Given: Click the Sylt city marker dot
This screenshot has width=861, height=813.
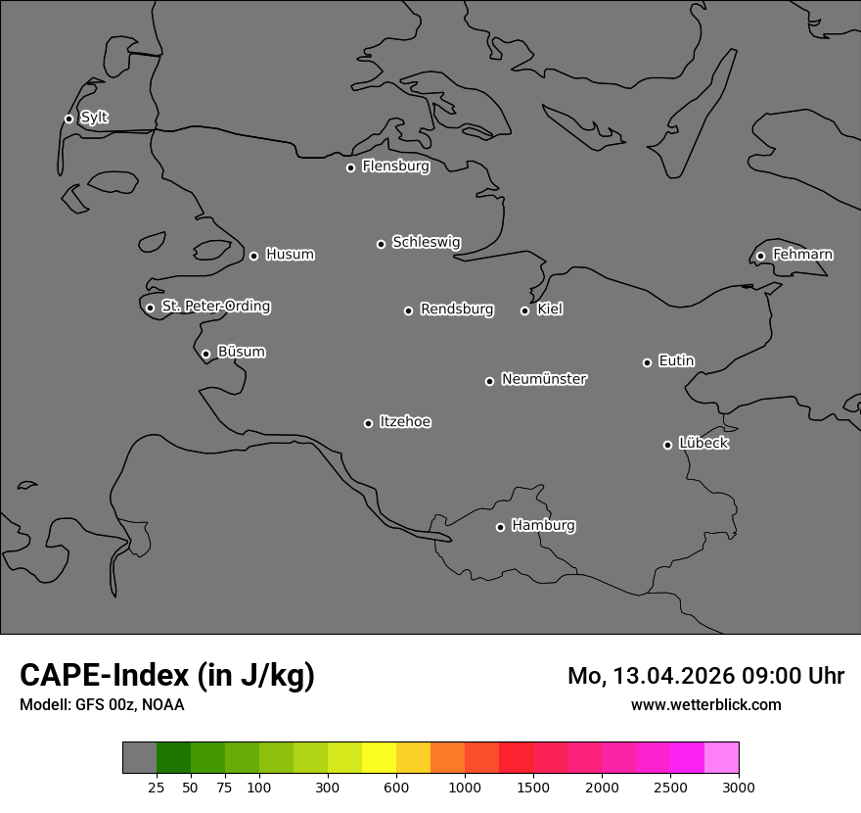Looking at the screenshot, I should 68,119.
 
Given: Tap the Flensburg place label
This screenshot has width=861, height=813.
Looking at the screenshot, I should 395,167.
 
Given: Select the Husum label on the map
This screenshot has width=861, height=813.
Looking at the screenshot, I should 290,255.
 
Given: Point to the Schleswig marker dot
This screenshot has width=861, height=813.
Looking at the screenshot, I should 381,244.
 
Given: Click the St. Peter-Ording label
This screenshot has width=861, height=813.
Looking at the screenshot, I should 215,307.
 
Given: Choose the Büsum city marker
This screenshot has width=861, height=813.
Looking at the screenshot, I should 205,354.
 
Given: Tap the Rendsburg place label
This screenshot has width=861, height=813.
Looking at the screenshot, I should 457,310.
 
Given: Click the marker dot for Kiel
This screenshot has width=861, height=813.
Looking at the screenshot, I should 524,311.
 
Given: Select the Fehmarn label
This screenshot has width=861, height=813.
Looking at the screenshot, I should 802,255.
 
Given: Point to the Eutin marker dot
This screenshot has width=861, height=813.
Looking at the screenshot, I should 647,362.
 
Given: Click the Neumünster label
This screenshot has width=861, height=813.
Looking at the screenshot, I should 544,379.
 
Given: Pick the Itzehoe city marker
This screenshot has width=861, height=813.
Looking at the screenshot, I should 368,423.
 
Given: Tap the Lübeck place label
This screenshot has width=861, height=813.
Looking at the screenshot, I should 703,444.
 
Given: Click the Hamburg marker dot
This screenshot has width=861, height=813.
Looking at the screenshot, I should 500,527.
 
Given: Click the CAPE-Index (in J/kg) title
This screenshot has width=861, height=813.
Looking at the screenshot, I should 167,675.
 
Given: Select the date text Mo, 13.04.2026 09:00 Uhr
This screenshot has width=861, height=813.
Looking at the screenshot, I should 705,676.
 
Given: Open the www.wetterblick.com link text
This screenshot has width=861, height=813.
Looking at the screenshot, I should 705,704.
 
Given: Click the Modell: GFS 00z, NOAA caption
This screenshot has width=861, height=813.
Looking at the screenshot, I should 102,704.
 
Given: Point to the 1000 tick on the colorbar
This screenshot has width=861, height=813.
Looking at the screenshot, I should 465,787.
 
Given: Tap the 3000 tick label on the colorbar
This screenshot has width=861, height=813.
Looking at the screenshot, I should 739,787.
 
